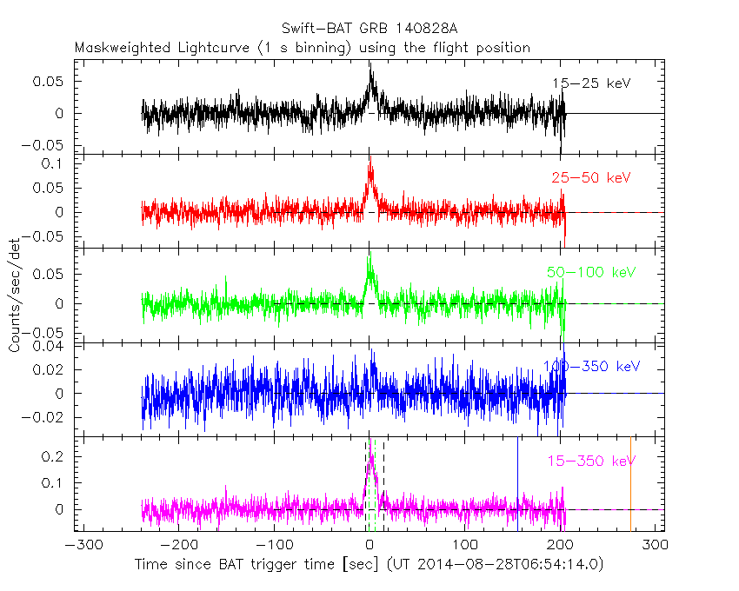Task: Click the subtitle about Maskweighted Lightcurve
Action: [303, 48]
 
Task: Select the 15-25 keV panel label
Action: [590, 83]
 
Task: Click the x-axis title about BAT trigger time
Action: [369, 565]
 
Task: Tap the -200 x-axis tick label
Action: [178, 545]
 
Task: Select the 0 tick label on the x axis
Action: [370, 545]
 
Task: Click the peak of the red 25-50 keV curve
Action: [370, 156]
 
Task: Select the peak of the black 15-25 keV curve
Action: [369, 63]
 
